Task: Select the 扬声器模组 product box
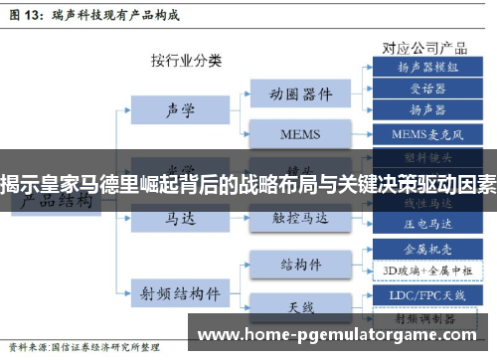[x=427, y=68]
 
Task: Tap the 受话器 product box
[x=427, y=87]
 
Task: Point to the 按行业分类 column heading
[x=186, y=60]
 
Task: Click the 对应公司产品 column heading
[x=423, y=46]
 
